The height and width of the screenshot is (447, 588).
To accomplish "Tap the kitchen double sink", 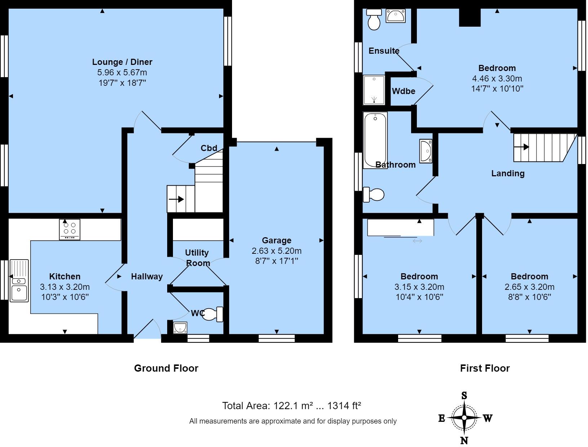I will (19, 280).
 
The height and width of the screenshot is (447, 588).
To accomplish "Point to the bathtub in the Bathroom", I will (375, 140).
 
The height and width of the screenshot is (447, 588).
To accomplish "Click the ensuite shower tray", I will (374, 89).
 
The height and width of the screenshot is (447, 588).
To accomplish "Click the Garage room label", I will (276, 240).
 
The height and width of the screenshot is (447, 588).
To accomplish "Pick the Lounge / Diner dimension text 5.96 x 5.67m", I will (122, 72).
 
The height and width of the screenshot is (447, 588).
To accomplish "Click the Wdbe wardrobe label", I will (404, 91).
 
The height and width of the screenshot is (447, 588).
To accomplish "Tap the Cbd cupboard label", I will (209, 148).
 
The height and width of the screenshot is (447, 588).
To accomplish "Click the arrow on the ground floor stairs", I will (177, 199).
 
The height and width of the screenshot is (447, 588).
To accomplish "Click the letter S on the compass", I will (464, 396).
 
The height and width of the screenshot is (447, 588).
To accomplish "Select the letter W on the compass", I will (487, 418).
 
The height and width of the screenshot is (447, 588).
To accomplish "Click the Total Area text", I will (291, 406).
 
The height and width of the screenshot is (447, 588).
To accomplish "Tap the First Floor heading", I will (485, 368).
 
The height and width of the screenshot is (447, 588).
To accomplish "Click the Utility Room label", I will (197, 258).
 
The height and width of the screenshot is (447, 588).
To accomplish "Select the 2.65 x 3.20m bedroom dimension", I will (529, 287).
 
